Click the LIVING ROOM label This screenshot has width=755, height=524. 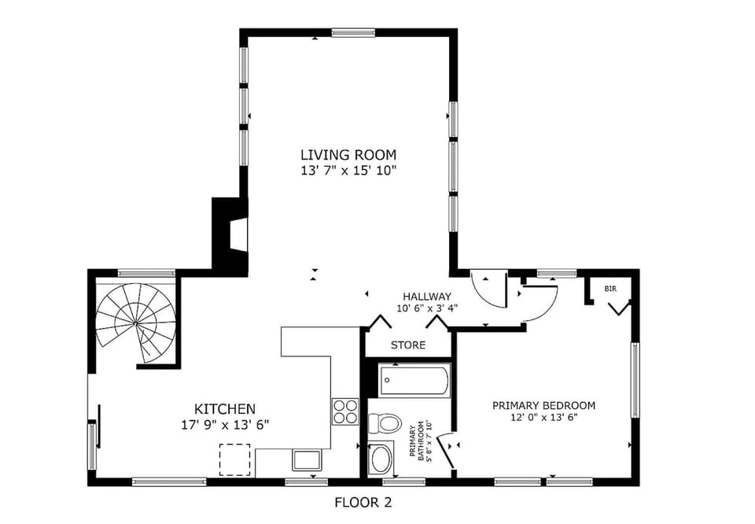click(x=348, y=154)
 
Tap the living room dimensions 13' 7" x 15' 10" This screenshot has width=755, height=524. click(x=348, y=170)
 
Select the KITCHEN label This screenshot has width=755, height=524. click(x=224, y=408)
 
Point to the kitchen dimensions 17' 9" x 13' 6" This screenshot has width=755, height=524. click(x=224, y=424)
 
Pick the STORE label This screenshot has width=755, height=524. click(x=408, y=345)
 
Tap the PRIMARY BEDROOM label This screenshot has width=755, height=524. click(x=543, y=405)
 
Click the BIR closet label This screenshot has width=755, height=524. click(x=610, y=289)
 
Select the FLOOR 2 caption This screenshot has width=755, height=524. click(x=363, y=502)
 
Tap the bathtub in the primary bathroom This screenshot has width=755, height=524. click(x=414, y=381)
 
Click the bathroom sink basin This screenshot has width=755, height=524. click(x=383, y=458)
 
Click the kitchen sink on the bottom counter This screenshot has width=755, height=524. click(x=306, y=459)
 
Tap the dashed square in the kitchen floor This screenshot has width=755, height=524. click(x=234, y=459)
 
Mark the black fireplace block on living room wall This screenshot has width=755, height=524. click(x=230, y=233)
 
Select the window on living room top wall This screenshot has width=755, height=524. click(x=352, y=33)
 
